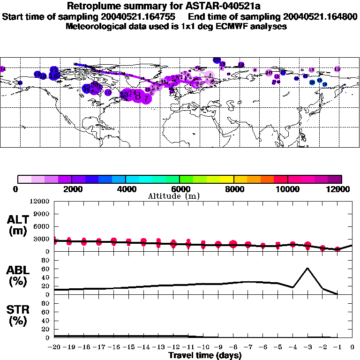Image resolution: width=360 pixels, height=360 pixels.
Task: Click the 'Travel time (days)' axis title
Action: (x=205, y=356)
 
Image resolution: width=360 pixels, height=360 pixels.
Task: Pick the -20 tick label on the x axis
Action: (x=54, y=347)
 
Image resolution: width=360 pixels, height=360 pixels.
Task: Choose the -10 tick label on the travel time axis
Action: (x=203, y=347)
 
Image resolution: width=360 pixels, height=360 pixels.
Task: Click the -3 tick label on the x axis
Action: (x=307, y=347)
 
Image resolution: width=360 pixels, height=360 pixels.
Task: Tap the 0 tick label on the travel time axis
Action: (x=352, y=347)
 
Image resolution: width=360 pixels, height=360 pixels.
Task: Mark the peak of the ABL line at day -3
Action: (x=307, y=268)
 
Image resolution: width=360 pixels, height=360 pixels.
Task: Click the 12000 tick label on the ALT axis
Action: (x=39, y=202)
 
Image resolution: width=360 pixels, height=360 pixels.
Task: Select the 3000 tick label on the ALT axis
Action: (x=41, y=239)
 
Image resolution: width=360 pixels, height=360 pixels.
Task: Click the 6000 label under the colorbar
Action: (x=180, y=189)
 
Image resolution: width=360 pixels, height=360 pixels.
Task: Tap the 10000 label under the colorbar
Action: (x=287, y=189)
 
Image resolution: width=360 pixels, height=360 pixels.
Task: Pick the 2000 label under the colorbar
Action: (x=71, y=189)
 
